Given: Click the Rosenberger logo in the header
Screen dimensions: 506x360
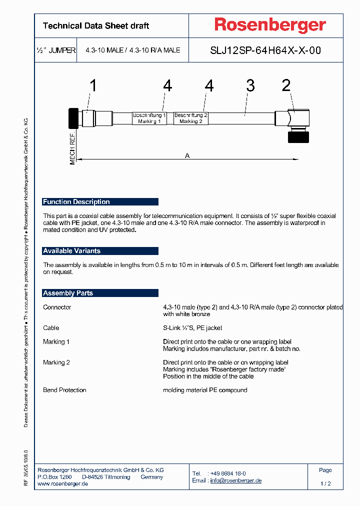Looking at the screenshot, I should click(270, 25).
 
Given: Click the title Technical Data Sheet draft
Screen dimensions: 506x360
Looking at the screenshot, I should click(96, 26).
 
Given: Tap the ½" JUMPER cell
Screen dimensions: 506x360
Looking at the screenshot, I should click(56, 50).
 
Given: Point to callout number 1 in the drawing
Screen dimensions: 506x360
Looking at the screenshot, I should click(93, 86).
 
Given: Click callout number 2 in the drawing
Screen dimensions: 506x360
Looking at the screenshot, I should click(286, 85).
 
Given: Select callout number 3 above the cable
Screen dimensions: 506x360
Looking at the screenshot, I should click(250, 85).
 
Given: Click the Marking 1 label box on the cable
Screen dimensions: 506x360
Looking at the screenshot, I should click(149, 118).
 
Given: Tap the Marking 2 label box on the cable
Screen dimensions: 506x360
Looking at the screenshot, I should click(191, 118).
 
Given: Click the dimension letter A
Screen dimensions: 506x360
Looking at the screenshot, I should click(187, 155).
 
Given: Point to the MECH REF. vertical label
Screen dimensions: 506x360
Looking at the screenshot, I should click(72, 149).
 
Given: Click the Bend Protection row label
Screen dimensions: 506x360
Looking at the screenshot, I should click(64, 390).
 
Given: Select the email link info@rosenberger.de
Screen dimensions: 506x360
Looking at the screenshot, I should click(235, 480).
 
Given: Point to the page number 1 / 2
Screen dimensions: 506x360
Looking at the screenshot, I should click(325, 484).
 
